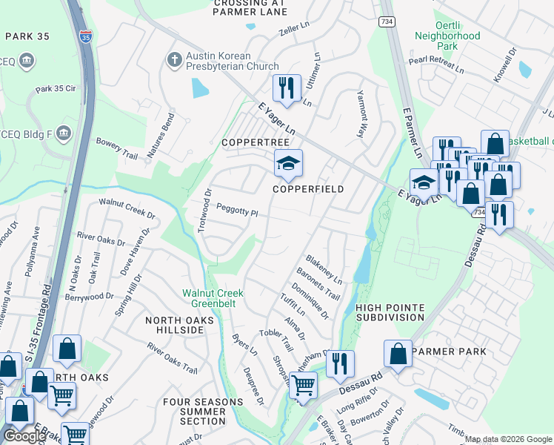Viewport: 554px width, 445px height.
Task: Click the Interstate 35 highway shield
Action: [x=87, y=36]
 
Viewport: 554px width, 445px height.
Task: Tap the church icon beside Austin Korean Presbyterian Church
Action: [x=174, y=59]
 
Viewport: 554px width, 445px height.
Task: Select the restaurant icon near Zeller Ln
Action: [x=285, y=88]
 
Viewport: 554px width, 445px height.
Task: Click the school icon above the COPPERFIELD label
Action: [x=288, y=163]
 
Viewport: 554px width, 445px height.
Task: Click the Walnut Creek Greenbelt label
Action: [x=213, y=298]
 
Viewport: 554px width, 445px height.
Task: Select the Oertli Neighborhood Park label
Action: [x=447, y=36]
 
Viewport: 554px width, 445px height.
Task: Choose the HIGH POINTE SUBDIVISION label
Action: [x=390, y=312]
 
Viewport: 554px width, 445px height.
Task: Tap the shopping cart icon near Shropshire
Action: [x=303, y=385]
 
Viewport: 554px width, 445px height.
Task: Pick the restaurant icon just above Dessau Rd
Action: [x=340, y=363]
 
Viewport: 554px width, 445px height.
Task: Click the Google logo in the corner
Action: [x=24, y=435]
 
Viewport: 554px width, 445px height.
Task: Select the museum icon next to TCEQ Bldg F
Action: [x=62, y=133]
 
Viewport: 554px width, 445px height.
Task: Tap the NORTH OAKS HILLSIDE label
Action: [x=179, y=326]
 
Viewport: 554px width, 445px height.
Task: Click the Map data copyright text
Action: [x=508, y=439]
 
